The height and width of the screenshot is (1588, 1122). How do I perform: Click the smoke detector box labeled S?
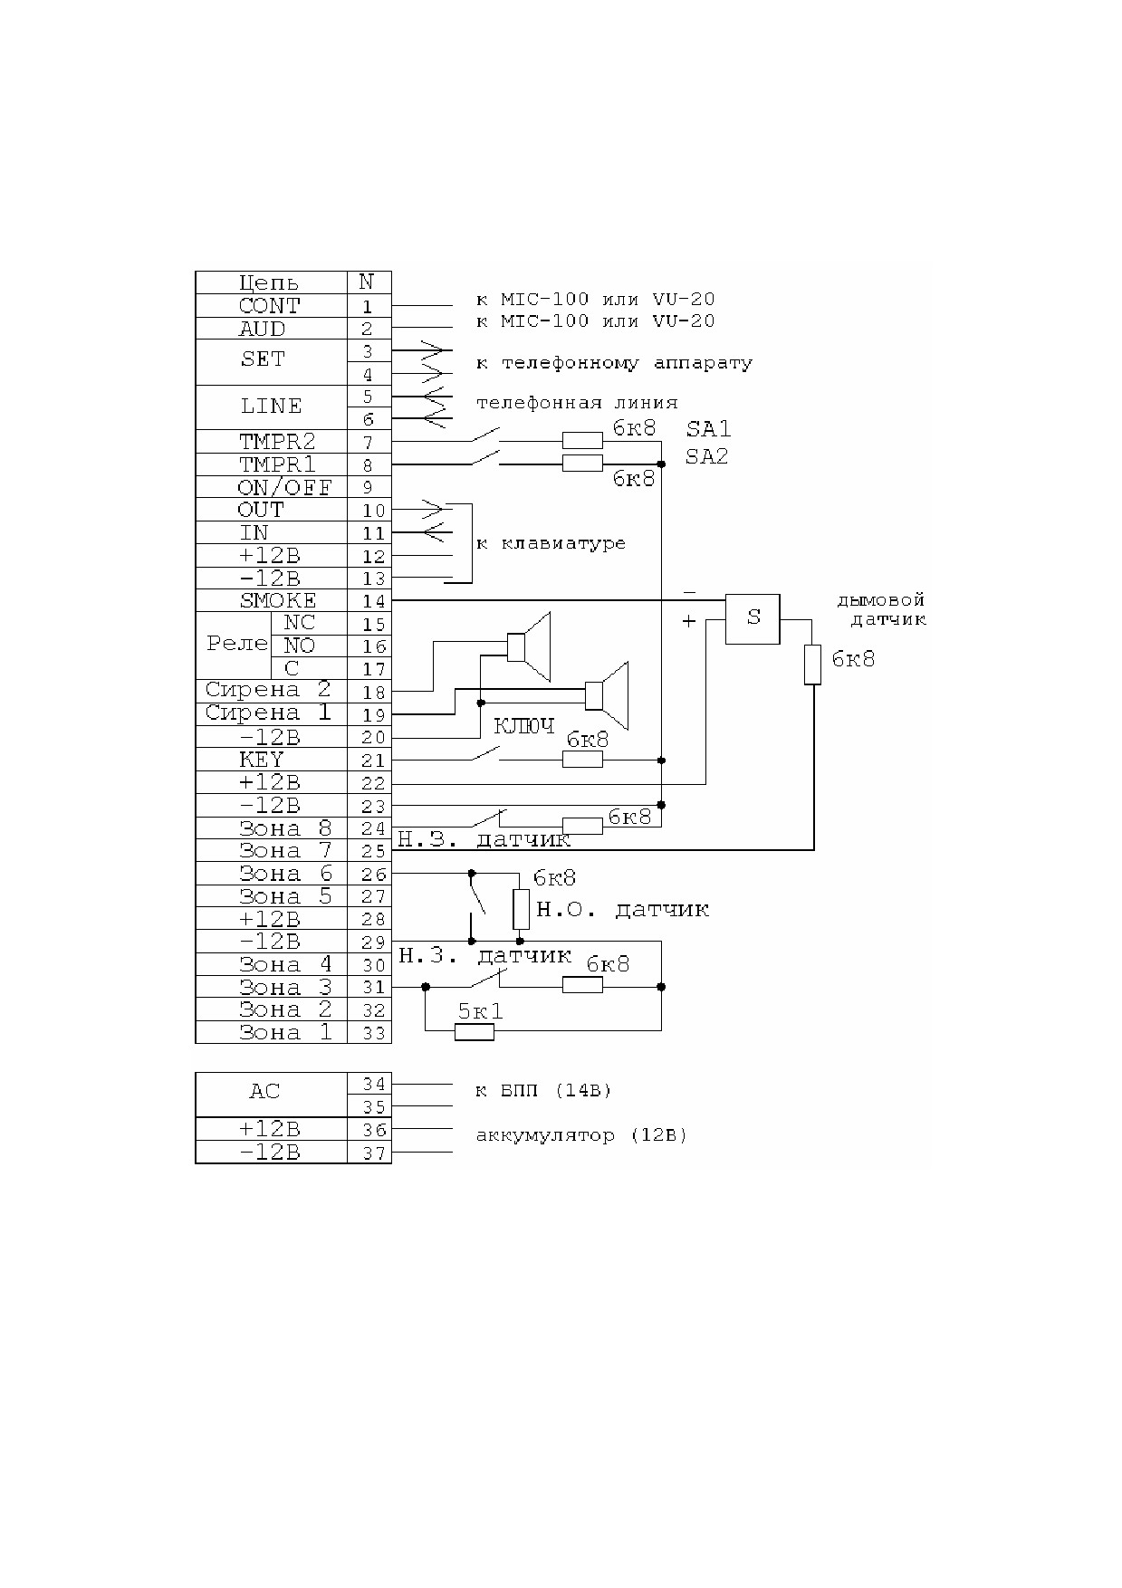click(x=753, y=618)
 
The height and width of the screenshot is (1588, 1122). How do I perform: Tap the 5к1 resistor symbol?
click(x=474, y=1031)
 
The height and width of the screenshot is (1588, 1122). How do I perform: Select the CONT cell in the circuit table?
click(x=272, y=306)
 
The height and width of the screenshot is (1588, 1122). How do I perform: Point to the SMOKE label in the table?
click(x=278, y=600)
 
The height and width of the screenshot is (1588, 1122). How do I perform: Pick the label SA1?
click(x=707, y=428)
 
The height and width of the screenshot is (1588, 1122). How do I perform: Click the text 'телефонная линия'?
click(x=577, y=403)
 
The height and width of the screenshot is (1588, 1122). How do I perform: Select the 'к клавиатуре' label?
click(x=551, y=543)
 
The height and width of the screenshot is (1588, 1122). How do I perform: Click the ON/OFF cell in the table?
click(x=272, y=487)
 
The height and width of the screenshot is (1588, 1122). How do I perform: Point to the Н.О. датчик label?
click(x=622, y=909)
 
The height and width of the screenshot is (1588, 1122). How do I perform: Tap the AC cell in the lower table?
click(x=272, y=1095)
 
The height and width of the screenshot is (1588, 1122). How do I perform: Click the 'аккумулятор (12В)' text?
click(x=581, y=1135)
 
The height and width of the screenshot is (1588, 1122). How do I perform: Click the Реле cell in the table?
click(x=234, y=646)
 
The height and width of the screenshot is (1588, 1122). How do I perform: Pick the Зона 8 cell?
click(x=272, y=828)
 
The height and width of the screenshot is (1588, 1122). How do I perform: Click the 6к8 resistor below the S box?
click(x=813, y=665)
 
